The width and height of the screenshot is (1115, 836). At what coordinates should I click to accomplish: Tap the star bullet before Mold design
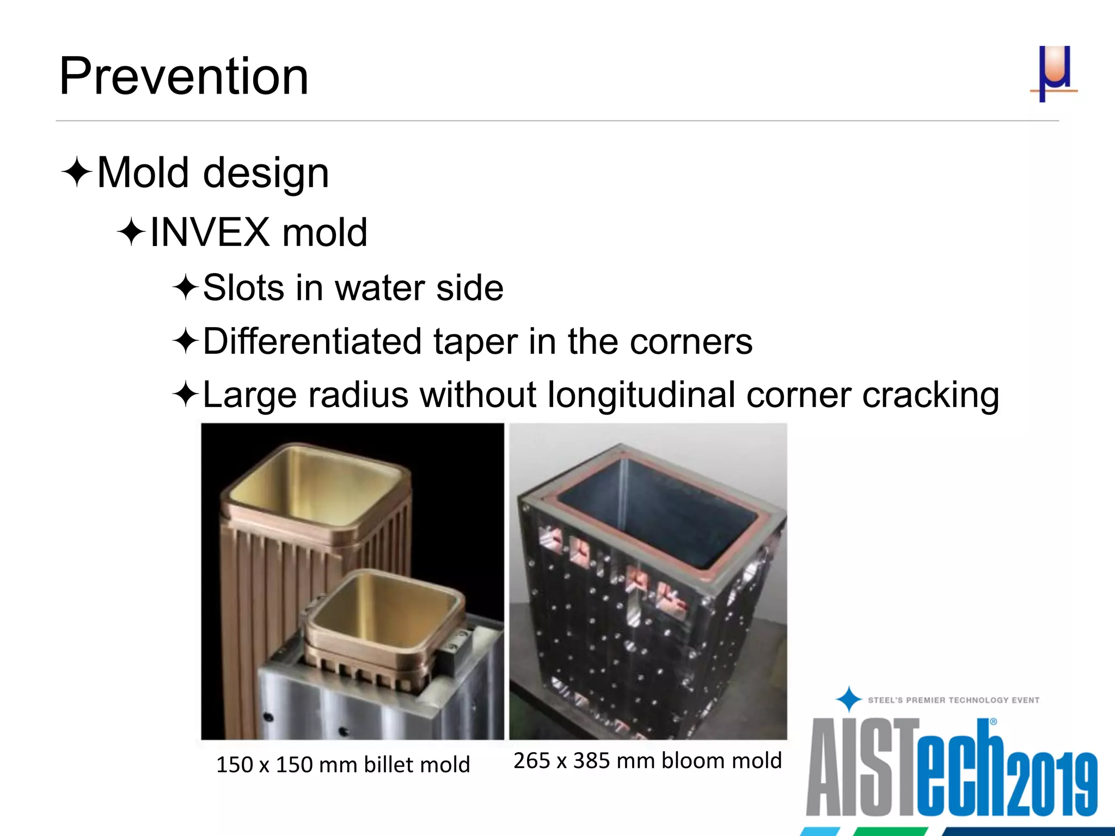tap(77, 172)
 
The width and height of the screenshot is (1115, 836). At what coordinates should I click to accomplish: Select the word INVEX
tap(210, 232)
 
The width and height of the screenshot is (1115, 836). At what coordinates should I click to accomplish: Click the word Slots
tap(243, 288)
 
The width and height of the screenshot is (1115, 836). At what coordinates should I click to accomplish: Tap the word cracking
tap(930, 396)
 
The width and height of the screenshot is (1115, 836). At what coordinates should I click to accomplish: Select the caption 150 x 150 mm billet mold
tap(343, 765)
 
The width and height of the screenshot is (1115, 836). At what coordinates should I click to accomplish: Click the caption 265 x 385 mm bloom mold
tap(647, 760)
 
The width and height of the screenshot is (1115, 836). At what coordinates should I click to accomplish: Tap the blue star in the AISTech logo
tap(848, 699)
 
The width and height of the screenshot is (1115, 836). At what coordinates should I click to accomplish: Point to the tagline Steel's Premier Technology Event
tap(953, 700)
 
